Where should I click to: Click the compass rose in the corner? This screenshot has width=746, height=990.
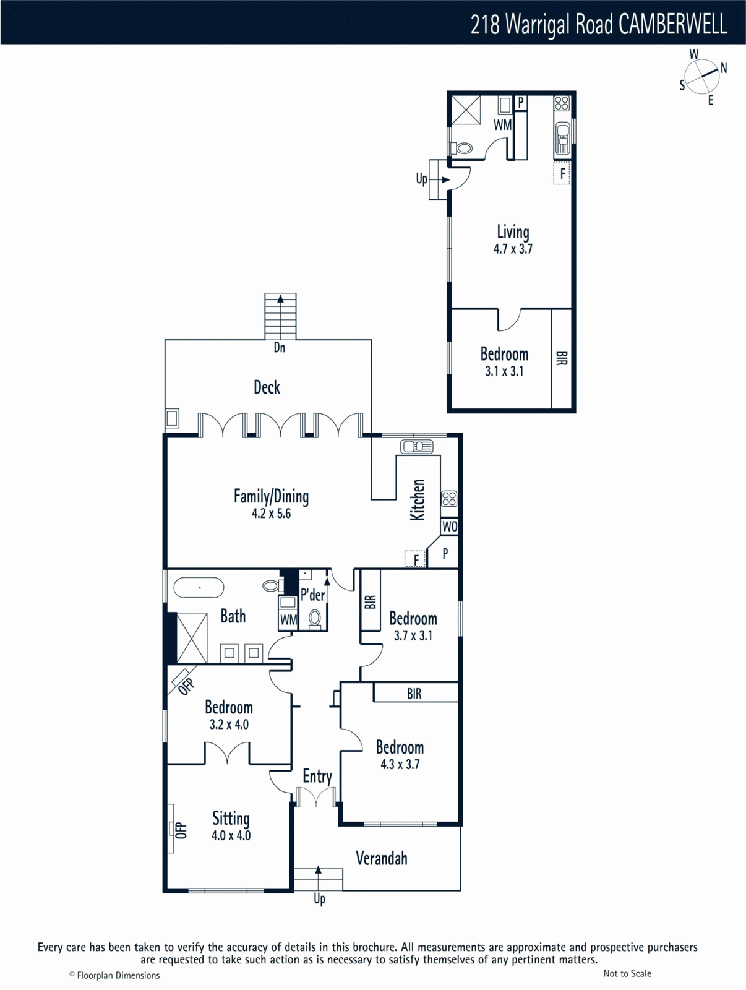click(702, 76)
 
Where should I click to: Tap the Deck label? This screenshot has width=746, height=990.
click(267, 387)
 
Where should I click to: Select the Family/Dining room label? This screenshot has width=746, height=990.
click(272, 496)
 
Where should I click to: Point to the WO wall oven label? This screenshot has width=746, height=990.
click(450, 527)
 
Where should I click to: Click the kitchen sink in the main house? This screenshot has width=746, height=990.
click(416, 447)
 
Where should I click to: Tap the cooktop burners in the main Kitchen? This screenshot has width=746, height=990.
click(450, 498)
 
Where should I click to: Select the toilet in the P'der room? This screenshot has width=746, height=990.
click(315, 619)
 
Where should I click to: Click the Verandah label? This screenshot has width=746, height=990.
click(381, 858)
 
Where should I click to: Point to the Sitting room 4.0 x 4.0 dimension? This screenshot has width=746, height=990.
click(231, 835)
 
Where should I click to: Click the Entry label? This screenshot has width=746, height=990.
click(317, 777)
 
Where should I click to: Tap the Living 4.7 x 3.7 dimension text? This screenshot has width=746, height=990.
click(513, 249)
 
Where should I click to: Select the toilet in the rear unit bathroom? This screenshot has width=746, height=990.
click(461, 148)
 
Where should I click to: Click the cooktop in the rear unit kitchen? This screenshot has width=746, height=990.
click(562, 103)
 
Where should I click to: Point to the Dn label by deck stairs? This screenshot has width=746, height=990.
click(280, 347)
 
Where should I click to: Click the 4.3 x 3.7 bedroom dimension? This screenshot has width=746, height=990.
click(400, 764)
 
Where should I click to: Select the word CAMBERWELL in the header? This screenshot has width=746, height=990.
click(672, 24)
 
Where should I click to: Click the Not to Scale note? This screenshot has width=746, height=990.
click(627, 973)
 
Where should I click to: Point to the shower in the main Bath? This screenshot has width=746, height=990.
click(192, 638)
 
